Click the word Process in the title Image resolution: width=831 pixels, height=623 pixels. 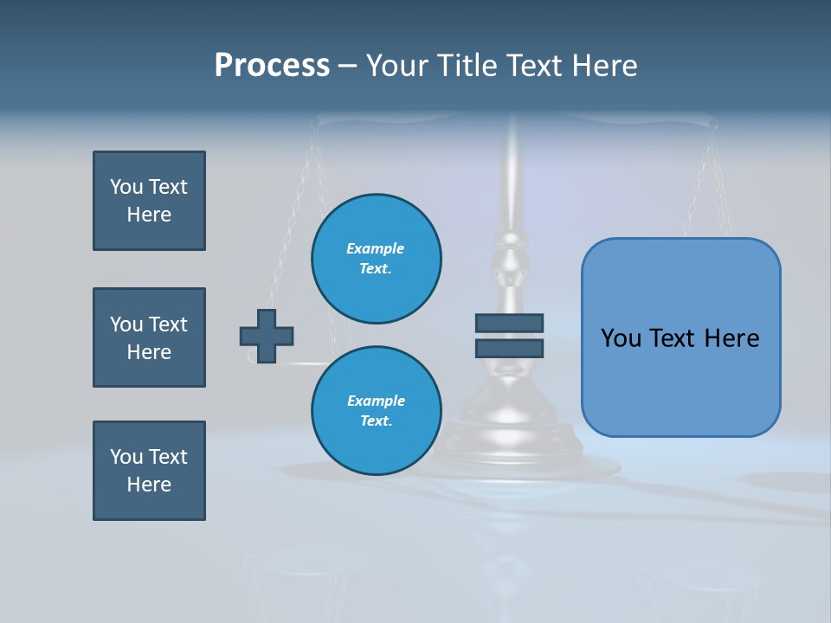coord(272,66)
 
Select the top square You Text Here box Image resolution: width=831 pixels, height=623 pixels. coord(149,201)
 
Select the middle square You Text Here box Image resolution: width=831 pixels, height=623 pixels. coord(149,337)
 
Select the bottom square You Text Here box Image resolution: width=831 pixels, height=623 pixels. coord(149,471)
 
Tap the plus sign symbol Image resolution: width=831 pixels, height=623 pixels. coord(267,336)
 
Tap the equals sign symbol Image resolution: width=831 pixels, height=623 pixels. coord(509,336)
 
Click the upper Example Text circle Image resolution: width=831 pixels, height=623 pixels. coord(376,259)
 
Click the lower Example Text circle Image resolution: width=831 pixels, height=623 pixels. coord(376,411)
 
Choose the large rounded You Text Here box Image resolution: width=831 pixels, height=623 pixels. coord(680,337)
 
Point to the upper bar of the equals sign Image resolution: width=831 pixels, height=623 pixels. coord(509,324)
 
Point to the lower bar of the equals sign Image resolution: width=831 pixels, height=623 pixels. coord(509,348)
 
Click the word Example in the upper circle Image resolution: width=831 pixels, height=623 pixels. coord(376,248)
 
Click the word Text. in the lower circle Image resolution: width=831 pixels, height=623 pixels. coord(376,421)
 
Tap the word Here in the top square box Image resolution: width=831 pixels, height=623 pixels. coord(149,215)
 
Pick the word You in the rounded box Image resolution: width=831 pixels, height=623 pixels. coord(622,338)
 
